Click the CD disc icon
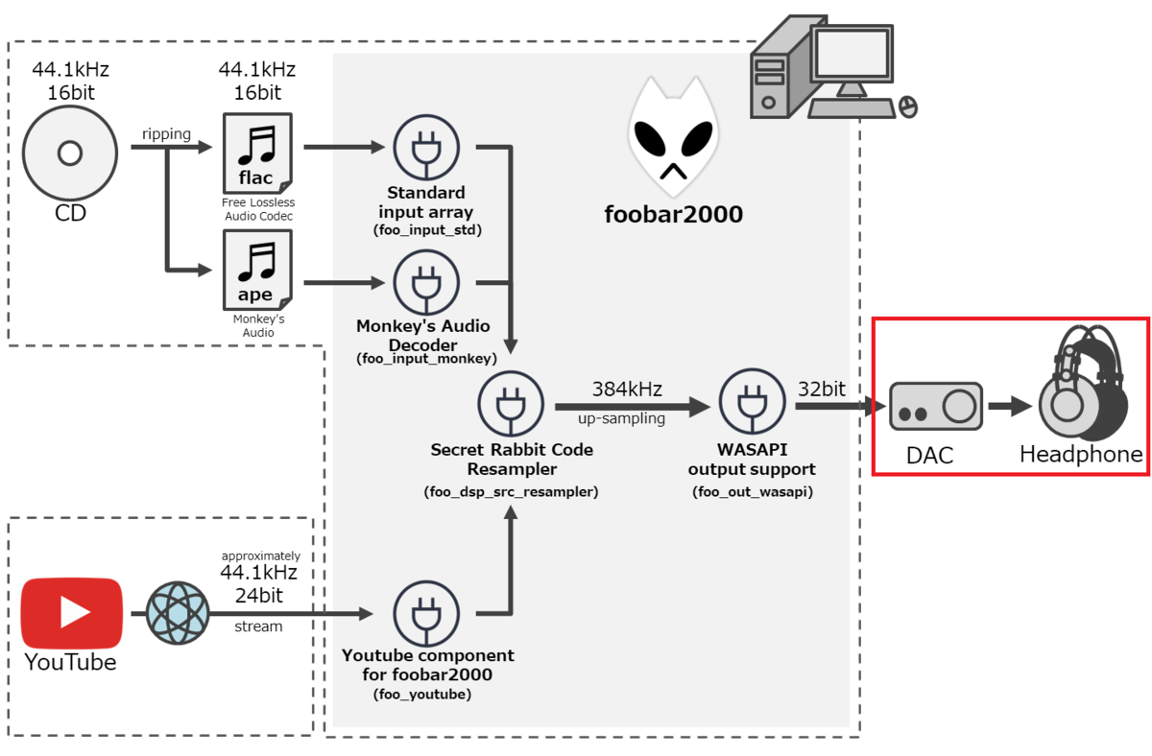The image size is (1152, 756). click(x=70, y=154)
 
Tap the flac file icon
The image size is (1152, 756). click(x=257, y=154)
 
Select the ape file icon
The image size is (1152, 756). click(x=257, y=270)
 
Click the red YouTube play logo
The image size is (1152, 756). click(x=71, y=613)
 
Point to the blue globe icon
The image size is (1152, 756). click(x=178, y=613)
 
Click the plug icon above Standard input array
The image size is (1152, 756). click(x=426, y=148)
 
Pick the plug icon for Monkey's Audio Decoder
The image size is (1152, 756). click(x=426, y=283)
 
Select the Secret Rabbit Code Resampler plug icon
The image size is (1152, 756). click(x=511, y=404)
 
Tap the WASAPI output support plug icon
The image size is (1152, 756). click(x=753, y=401)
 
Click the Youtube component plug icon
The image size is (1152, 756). click(x=426, y=614)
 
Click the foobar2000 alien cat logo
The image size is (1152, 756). click(x=674, y=136)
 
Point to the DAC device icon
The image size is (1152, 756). click(x=936, y=406)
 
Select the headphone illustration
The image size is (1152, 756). click(x=1083, y=383)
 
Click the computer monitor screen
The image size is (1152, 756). click(x=852, y=53)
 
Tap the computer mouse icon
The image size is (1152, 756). click(x=908, y=107)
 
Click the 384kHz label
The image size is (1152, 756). click(x=627, y=390)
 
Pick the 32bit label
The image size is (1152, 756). click(x=822, y=390)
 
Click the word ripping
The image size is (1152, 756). click(x=166, y=134)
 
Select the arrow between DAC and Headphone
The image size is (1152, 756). click(x=1010, y=406)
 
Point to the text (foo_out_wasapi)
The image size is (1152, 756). click(x=753, y=492)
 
